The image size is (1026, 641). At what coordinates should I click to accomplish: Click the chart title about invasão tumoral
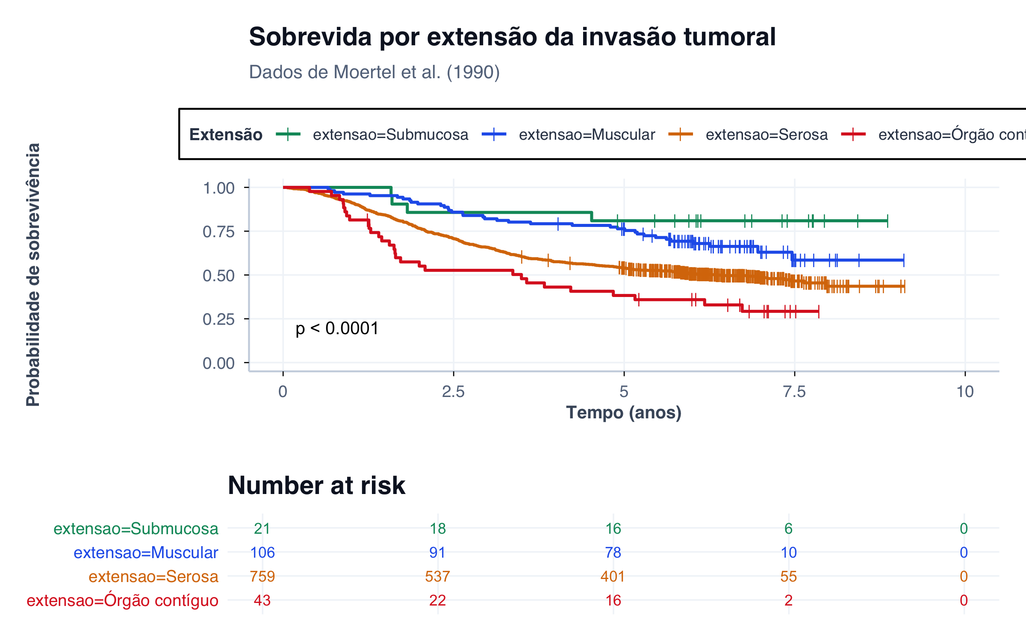pyautogui.click(x=512, y=37)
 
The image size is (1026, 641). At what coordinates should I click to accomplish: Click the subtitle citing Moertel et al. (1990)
pyautogui.click(x=374, y=72)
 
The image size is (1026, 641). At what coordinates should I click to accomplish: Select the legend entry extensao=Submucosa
pyautogui.click(x=390, y=135)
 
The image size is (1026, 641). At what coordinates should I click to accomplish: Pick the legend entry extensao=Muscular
pyautogui.click(x=587, y=135)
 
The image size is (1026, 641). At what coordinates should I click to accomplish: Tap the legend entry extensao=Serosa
pyautogui.click(x=767, y=135)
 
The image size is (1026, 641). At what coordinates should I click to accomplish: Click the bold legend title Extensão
pyautogui.click(x=226, y=135)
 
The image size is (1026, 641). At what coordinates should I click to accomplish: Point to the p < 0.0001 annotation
pyautogui.click(x=337, y=329)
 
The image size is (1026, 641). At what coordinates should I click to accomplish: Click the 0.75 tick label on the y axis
pyautogui.click(x=218, y=232)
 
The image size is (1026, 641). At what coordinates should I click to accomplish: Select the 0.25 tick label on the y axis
pyautogui.click(x=218, y=319)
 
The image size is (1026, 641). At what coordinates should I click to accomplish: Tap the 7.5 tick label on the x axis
pyautogui.click(x=794, y=391)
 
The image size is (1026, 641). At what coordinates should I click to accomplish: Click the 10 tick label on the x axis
pyautogui.click(x=965, y=391)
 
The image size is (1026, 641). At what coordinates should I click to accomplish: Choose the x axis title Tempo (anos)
pyautogui.click(x=624, y=413)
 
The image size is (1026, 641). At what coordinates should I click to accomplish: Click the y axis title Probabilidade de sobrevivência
pyautogui.click(x=33, y=274)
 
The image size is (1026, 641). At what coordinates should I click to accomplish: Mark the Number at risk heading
pyautogui.click(x=316, y=485)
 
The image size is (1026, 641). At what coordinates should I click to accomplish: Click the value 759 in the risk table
pyautogui.click(x=262, y=576)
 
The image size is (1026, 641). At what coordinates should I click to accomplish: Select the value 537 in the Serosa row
pyautogui.click(x=438, y=576)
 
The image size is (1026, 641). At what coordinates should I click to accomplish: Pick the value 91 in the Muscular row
pyautogui.click(x=438, y=553)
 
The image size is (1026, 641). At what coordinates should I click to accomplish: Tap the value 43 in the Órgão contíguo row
pyautogui.click(x=262, y=600)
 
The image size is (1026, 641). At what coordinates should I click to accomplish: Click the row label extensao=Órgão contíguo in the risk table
pyautogui.click(x=122, y=600)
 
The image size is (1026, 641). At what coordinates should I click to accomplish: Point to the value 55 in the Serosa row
pyautogui.click(x=789, y=576)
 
